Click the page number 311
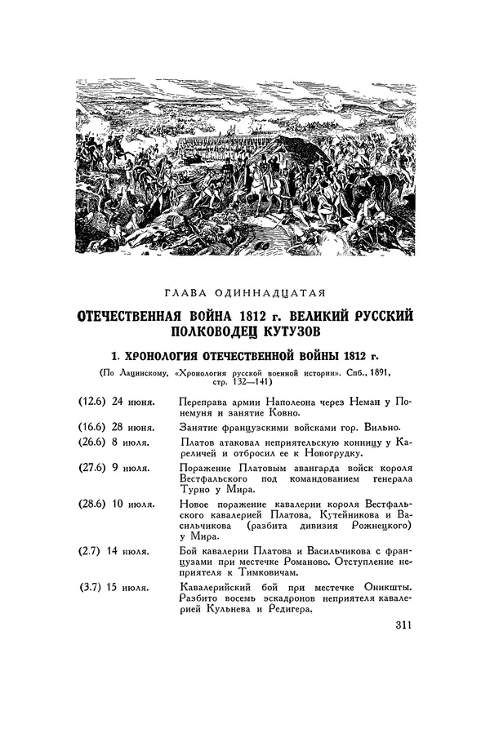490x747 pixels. click(396, 626)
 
